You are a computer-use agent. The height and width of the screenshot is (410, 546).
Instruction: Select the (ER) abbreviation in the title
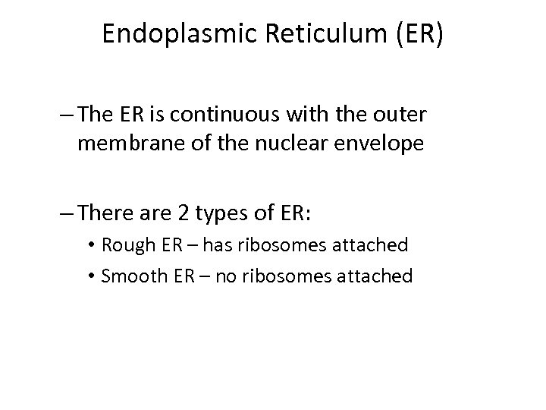pyautogui.click(x=414, y=33)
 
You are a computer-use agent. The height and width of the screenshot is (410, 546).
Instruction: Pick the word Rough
pyautogui.click(x=124, y=244)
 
